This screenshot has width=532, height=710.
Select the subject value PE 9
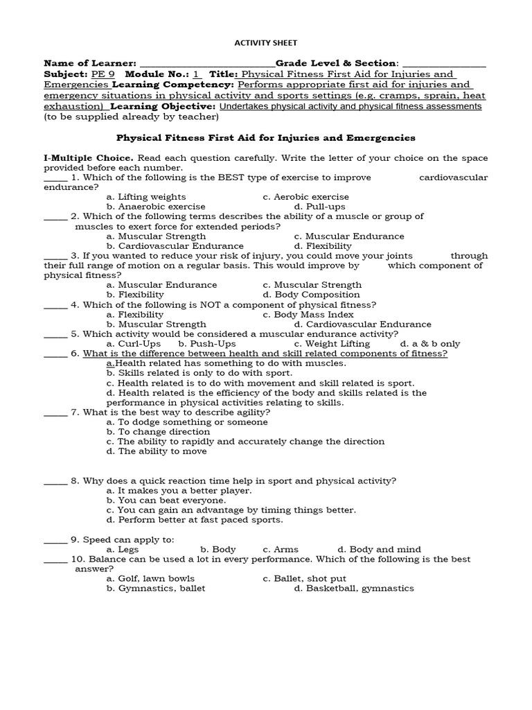(102, 74)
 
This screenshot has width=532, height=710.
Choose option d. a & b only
(429, 343)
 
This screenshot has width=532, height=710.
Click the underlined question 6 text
(265, 354)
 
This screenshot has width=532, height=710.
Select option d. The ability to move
(157, 451)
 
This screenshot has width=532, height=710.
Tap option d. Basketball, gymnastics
(353, 588)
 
